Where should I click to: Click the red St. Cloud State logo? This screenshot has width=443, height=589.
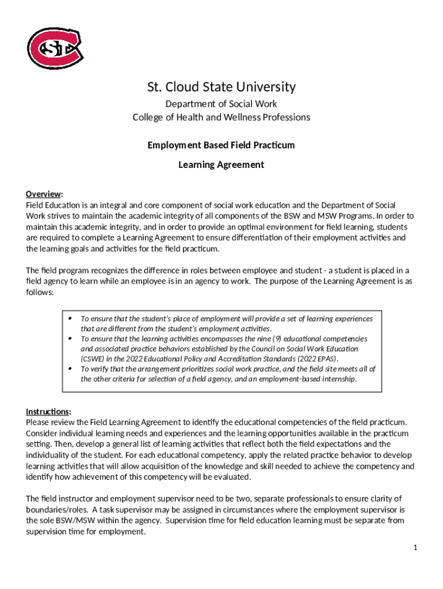click(55, 47)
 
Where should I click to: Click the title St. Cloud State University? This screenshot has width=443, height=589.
click(221, 87)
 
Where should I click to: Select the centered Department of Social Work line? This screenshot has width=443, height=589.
click(221, 104)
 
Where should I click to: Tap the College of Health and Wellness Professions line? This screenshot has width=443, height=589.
click(221, 117)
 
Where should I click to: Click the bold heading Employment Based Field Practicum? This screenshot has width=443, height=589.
click(221, 146)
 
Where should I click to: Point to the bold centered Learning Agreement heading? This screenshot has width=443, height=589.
click(221, 165)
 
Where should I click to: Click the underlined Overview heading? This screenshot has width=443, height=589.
click(44, 194)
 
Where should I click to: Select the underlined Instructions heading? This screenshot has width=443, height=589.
click(48, 412)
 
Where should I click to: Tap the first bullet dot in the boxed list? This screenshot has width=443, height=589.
click(70, 318)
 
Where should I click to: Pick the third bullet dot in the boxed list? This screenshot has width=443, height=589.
click(70, 368)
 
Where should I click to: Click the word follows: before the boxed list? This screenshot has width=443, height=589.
click(40, 292)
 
